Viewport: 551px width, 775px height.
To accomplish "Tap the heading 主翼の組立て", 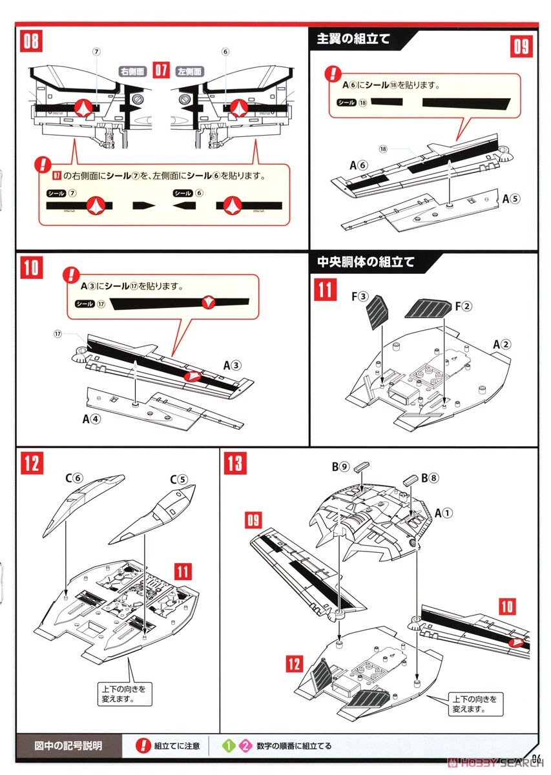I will tap(353, 39).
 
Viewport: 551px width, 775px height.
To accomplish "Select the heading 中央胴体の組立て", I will tap(366, 262).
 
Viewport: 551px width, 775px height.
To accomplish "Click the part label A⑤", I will tap(510, 199).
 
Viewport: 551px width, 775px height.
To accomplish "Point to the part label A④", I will tap(92, 419).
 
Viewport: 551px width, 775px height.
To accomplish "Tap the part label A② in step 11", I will tap(501, 344).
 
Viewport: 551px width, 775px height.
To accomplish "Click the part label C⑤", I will tap(178, 480).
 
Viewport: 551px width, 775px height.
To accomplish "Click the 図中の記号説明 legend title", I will tap(68, 745).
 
